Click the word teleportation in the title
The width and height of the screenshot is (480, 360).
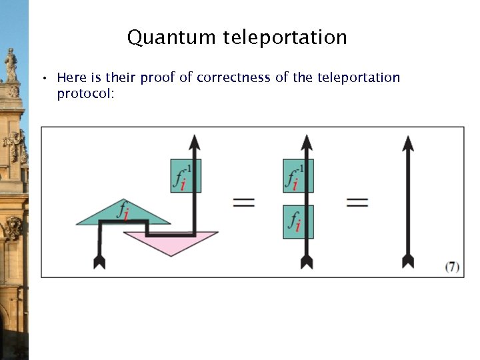(285, 37)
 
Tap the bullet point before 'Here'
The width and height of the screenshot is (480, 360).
(43, 79)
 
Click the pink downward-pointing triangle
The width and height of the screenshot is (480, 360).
(172, 241)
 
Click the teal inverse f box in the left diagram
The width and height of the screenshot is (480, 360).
(185, 176)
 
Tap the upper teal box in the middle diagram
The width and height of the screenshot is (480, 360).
(297, 176)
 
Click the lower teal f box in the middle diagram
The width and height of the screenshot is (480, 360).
(297, 221)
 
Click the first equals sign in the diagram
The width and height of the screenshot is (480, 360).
(244, 202)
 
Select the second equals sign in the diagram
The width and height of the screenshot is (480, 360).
(357, 202)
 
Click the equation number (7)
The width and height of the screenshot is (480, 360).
(452, 267)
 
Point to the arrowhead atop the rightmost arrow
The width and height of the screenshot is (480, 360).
(408, 143)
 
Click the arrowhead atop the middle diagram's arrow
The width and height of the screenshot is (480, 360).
(306, 143)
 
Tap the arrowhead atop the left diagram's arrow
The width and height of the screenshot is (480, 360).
(195, 143)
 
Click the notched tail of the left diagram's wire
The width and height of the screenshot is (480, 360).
(100, 261)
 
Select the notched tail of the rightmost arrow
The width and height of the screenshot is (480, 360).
(408, 261)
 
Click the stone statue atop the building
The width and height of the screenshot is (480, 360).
(11, 65)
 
